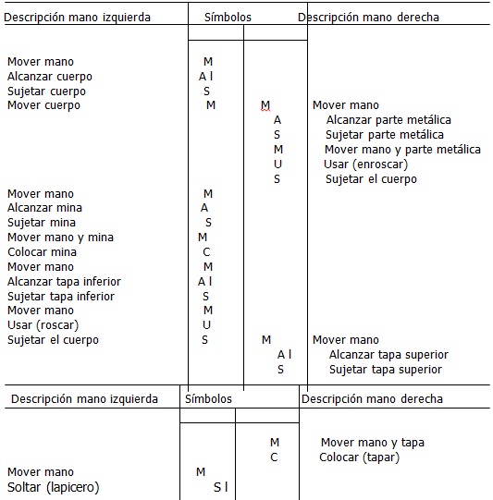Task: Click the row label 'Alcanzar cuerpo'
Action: [x=49, y=77]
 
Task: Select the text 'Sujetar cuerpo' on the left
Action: [x=46, y=91]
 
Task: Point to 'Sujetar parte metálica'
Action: [x=385, y=135]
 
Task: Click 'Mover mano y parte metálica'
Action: [x=402, y=150]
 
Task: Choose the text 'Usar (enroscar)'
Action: [x=365, y=165]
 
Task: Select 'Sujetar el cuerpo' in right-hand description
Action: [x=371, y=179]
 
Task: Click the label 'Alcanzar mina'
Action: [x=45, y=208]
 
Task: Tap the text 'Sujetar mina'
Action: [x=42, y=223]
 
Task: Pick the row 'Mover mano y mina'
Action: [x=60, y=238]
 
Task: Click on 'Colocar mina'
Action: [x=43, y=252]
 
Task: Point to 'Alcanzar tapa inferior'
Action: [x=64, y=282]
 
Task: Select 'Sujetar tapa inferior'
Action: [x=61, y=297]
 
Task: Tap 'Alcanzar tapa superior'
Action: [x=388, y=355]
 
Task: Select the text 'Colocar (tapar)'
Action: [x=359, y=457]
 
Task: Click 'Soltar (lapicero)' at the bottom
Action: [x=53, y=487]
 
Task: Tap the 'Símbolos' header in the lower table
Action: [x=208, y=399]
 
